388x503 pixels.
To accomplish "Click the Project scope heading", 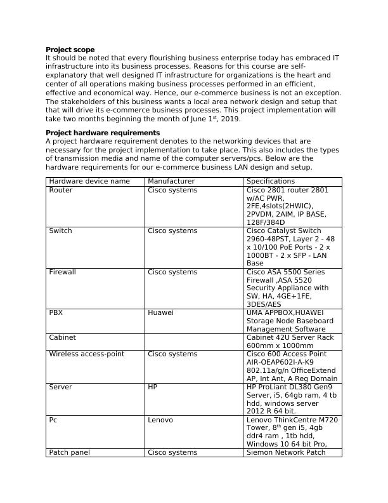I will [x=70, y=50].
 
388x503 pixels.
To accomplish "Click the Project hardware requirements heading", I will [x=103, y=133].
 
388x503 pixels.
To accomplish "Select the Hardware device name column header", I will [x=89, y=182].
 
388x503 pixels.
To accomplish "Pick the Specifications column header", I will [x=271, y=182].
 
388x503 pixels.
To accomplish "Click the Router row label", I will [x=61, y=190].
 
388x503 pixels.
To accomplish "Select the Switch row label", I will [x=61, y=231].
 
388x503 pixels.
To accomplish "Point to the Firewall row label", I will [x=63, y=272].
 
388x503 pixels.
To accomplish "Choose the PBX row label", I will [x=56, y=313].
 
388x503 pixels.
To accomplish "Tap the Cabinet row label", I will [x=62, y=338].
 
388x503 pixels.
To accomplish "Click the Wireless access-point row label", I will [x=87, y=354].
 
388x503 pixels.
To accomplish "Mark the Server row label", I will [x=61, y=387].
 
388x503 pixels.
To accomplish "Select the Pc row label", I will [x=54, y=420].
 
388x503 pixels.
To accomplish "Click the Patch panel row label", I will [x=69, y=453].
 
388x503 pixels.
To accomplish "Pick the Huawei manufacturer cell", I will [x=160, y=313].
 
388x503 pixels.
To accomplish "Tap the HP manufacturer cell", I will [x=152, y=387].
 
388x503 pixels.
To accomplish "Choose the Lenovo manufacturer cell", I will [x=160, y=420].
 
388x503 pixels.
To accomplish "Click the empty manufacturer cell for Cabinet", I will [x=193, y=342].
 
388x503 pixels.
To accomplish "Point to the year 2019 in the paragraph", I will [x=231, y=119].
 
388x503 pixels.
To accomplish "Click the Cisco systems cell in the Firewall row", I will [x=172, y=272].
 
